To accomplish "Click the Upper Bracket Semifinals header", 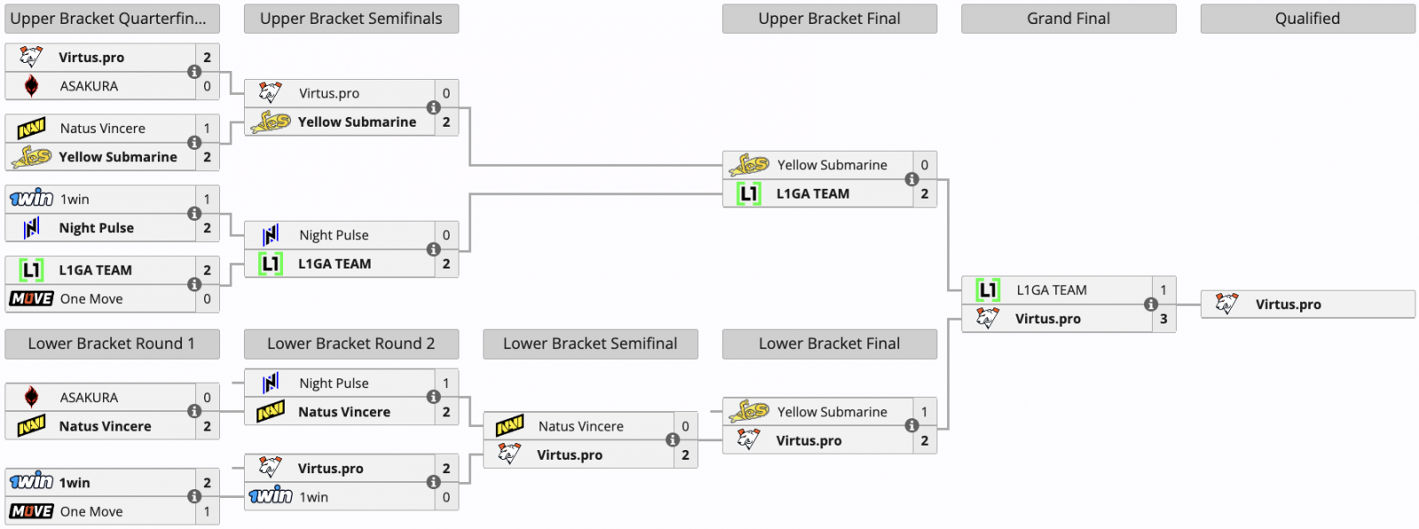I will click(351, 19).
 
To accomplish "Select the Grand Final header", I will click(1068, 19).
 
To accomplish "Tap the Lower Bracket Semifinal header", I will click(590, 344).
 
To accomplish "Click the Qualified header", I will click(1307, 19).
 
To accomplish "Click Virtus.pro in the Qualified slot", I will click(1288, 304).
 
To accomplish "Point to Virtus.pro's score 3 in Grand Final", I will click(1164, 318).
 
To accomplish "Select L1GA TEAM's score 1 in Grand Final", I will click(1164, 290).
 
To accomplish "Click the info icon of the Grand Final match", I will click(1150, 304).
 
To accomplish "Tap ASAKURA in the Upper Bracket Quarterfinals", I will click(89, 86).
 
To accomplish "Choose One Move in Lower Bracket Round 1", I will click(91, 511).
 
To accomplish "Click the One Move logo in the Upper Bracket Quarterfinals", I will click(31, 299).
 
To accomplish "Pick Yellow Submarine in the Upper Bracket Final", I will click(832, 165).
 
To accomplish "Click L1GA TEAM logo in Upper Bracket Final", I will click(749, 193).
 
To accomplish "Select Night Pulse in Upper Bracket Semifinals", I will click(333, 235).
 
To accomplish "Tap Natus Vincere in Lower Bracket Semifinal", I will click(580, 426).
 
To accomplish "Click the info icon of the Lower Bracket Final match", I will click(911, 425).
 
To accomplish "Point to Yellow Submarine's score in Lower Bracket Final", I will click(924, 412).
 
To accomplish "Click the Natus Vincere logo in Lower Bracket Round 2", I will click(270, 412).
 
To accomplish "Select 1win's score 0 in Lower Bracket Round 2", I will click(446, 497).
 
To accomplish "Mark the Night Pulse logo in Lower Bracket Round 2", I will click(270, 383).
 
